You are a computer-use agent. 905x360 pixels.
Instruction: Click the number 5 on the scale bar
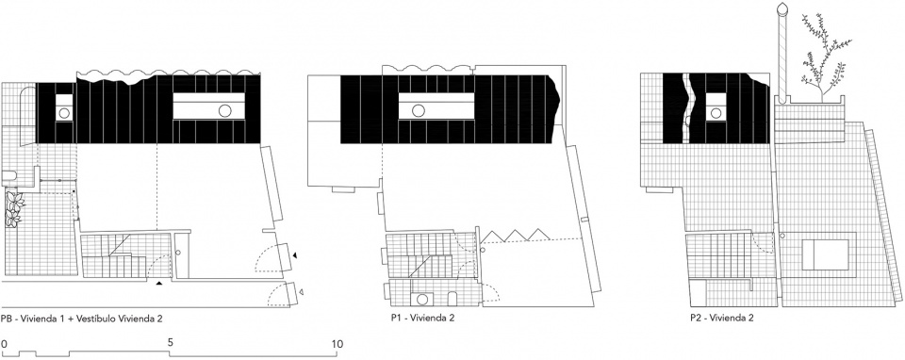pos(171,342)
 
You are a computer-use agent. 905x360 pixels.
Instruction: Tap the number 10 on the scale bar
pos(337,344)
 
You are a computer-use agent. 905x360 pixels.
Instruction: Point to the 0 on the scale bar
pos(4,344)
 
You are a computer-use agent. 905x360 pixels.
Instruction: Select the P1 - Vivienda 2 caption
pos(422,318)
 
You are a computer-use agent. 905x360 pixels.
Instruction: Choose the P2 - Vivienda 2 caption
pos(722,318)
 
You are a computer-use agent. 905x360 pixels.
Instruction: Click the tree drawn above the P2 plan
pos(824,56)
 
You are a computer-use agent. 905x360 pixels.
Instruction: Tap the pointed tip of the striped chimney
pos(782,3)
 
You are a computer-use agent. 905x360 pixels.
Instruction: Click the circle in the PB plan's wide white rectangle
pos(225,110)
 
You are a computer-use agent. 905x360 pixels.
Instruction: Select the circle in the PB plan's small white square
pos(64,113)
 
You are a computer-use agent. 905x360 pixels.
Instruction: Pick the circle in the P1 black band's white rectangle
pos(419,110)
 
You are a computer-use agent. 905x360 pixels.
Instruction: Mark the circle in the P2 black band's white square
pos(716,113)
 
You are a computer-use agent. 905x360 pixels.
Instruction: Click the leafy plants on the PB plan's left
pos(13,209)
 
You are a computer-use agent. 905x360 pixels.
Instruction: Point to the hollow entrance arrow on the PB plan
pos(301,292)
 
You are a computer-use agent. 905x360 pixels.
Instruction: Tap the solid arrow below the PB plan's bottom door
pos(159,284)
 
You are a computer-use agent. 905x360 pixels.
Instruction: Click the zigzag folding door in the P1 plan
pos(516,235)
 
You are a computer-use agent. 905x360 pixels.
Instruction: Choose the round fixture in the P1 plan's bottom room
pos(422,300)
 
